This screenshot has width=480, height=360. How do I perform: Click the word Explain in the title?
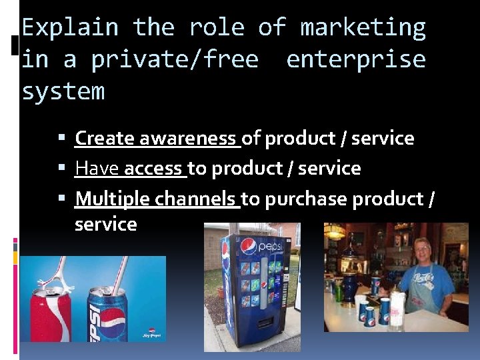(70, 28)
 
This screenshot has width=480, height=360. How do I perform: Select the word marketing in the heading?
(363, 28)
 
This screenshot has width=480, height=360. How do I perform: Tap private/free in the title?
(175, 59)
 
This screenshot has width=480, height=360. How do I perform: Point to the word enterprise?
(355, 59)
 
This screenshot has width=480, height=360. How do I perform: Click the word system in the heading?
(63, 91)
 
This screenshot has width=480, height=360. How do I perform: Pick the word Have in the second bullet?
(97, 168)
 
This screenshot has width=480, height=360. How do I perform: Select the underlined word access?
(153, 168)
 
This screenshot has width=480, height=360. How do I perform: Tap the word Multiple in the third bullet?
(113, 199)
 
